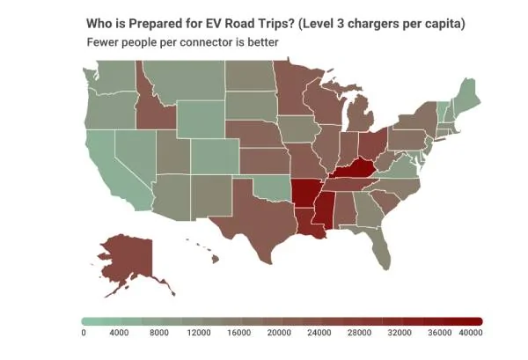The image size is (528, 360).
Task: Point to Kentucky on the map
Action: (352, 168)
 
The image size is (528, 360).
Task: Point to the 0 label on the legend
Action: (83, 333)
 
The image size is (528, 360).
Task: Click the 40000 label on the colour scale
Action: (470, 333)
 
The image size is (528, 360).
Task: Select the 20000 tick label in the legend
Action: (277, 333)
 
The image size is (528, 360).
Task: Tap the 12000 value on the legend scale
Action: (199, 333)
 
